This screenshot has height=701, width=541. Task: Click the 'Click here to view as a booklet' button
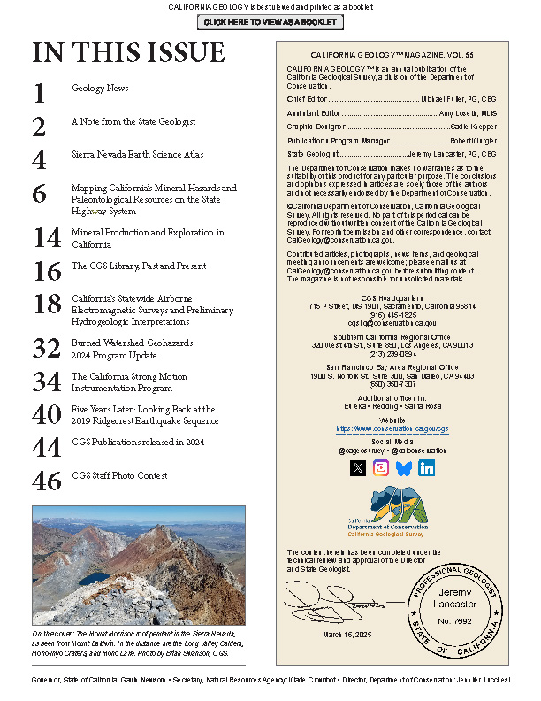click(x=270, y=21)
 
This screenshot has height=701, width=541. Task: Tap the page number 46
click(x=47, y=481)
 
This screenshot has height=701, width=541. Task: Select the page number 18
click(x=47, y=304)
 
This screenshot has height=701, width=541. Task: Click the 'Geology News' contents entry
click(x=100, y=89)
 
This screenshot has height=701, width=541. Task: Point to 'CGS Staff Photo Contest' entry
click(x=119, y=476)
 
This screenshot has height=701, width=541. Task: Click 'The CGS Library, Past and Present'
click(x=139, y=266)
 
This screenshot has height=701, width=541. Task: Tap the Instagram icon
click(x=381, y=469)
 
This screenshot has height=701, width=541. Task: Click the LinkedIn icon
click(x=427, y=469)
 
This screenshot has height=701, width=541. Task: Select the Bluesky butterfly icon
click(x=404, y=469)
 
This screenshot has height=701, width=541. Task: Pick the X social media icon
click(x=357, y=469)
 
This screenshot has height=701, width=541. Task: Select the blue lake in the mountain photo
click(x=94, y=578)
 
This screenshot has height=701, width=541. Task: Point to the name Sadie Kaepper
click(x=473, y=127)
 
